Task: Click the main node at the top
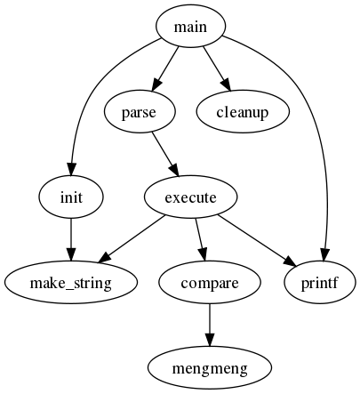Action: (190, 27)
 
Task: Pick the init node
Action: (71, 197)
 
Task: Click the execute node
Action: (191, 197)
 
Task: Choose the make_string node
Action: (71, 283)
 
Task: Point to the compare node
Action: (210, 283)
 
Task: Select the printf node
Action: (321, 283)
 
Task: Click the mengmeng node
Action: (210, 367)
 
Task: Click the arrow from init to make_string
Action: (71, 238)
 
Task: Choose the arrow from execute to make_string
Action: (133, 238)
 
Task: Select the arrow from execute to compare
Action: (200, 238)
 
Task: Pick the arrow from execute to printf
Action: (258, 238)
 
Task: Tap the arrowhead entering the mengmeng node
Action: (210, 339)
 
